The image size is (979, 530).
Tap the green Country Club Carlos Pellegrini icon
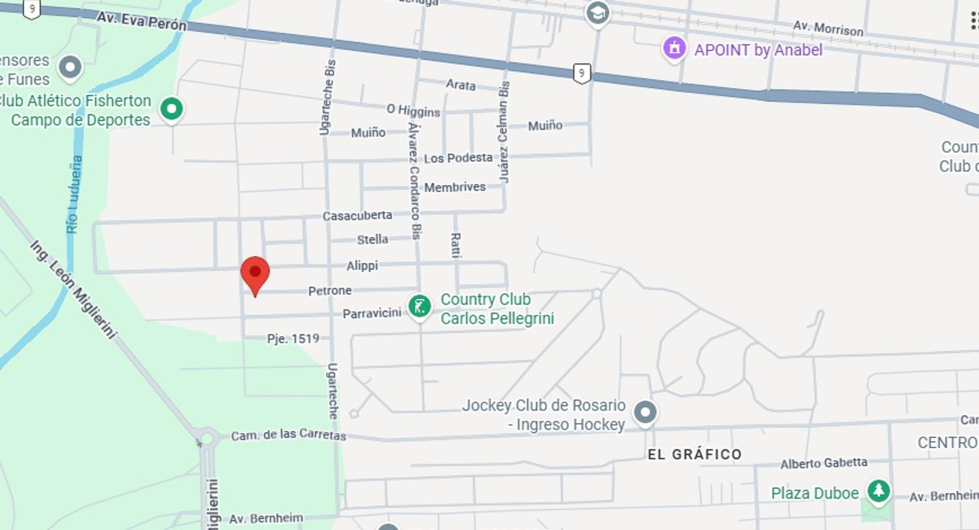tap(420, 306)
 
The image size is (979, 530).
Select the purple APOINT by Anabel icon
tap(674, 48)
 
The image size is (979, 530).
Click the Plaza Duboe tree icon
tap(878, 490)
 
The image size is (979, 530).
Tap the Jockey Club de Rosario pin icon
tap(645, 412)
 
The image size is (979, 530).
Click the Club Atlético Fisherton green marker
tap(171, 108)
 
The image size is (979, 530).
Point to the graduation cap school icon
tap(597, 13)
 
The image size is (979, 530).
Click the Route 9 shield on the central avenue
tap(582, 74)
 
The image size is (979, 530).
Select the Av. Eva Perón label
tap(141, 21)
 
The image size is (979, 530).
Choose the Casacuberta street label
tap(357, 216)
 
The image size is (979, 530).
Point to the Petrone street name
tap(330, 291)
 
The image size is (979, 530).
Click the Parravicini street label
tap(371, 313)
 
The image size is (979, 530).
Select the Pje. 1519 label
tap(293, 339)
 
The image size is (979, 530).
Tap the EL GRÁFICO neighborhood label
tap(694, 454)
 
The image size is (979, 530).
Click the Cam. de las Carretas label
tap(289, 435)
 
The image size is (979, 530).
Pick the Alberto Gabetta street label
tap(824, 463)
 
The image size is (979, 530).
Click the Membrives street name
tap(455, 187)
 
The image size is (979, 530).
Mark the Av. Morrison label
tap(828, 28)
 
